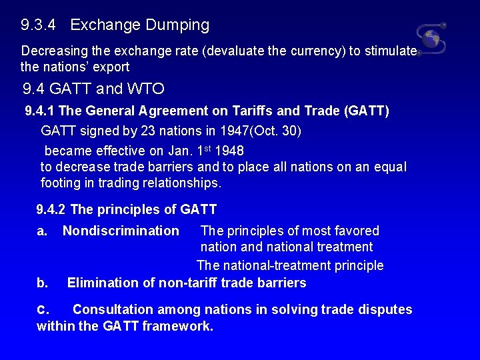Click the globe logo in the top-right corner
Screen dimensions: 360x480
(431, 38)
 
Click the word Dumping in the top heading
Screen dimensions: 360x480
(177, 25)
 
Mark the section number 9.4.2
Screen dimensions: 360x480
(51, 209)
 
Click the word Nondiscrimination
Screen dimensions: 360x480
(121, 231)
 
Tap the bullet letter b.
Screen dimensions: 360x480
(42, 283)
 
